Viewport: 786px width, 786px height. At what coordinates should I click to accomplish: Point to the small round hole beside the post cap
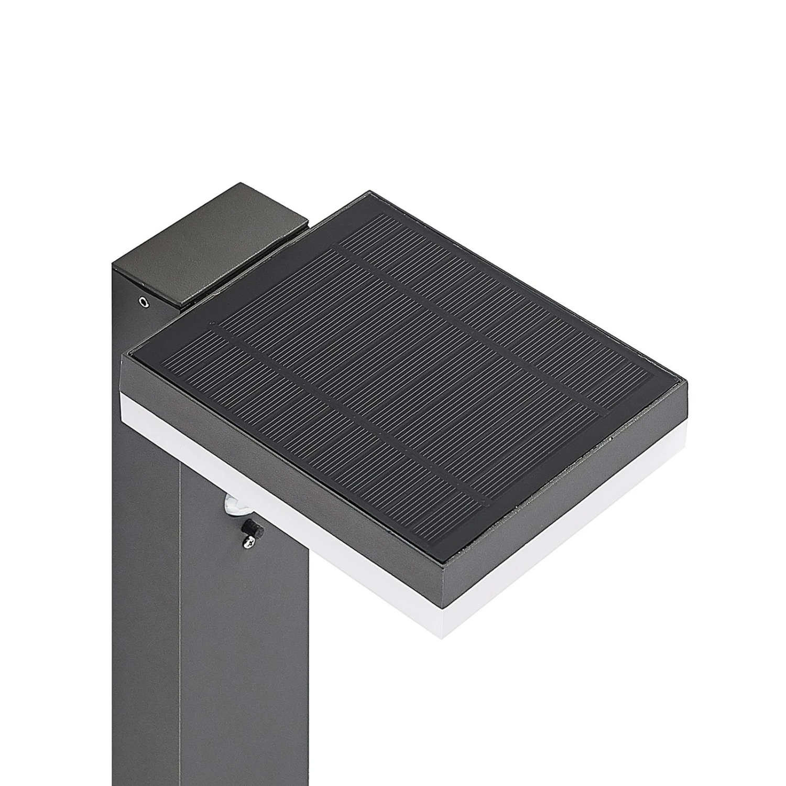(142, 301)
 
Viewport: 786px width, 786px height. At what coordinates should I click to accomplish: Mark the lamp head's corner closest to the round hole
(123, 357)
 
